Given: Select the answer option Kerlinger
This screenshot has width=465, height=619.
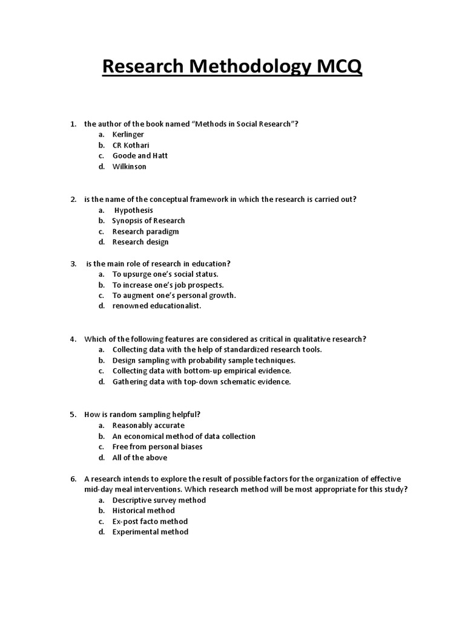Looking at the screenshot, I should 128,135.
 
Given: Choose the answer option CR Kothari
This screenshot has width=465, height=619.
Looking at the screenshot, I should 131,145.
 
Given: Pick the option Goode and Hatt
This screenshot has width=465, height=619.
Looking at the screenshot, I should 140,156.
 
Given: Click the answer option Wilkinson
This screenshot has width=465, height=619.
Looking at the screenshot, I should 130,166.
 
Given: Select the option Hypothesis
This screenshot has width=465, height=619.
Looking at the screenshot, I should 134,210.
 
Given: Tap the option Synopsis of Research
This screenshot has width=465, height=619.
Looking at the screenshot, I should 148,221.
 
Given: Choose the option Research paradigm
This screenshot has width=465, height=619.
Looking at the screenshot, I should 145,232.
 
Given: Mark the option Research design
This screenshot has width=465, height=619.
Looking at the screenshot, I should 140,242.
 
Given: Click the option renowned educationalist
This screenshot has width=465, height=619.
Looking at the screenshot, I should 156,306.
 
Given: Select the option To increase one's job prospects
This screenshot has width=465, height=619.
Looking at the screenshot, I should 168,285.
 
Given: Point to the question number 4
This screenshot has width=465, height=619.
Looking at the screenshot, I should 73,339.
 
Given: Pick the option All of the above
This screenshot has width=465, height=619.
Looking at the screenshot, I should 140,458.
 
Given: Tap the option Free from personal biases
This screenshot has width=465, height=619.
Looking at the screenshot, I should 157,447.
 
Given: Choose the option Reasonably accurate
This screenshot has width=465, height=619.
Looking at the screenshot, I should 148,426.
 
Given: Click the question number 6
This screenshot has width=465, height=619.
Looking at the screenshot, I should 73,479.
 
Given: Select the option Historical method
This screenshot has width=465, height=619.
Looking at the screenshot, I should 143,511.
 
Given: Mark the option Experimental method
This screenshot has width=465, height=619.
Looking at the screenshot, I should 150,532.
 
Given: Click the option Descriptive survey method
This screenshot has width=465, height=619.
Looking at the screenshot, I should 159,500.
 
